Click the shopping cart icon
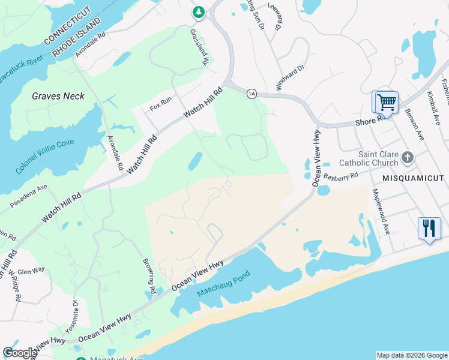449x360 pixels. click(x=387, y=101)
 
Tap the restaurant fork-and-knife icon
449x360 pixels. click(x=429, y=228)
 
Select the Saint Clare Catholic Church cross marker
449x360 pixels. click(x=408, y=158)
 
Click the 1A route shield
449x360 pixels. click(x=252, y=93)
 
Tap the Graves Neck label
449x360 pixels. click(x=58, y=96)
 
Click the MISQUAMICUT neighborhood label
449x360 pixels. click(x=414, y=178)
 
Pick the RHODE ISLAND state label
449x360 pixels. click(x=83, y=37)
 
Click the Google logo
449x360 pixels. click(x=19, y=353)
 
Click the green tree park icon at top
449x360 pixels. click(x=198, y=11)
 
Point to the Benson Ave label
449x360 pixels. click(x=414, y=124)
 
